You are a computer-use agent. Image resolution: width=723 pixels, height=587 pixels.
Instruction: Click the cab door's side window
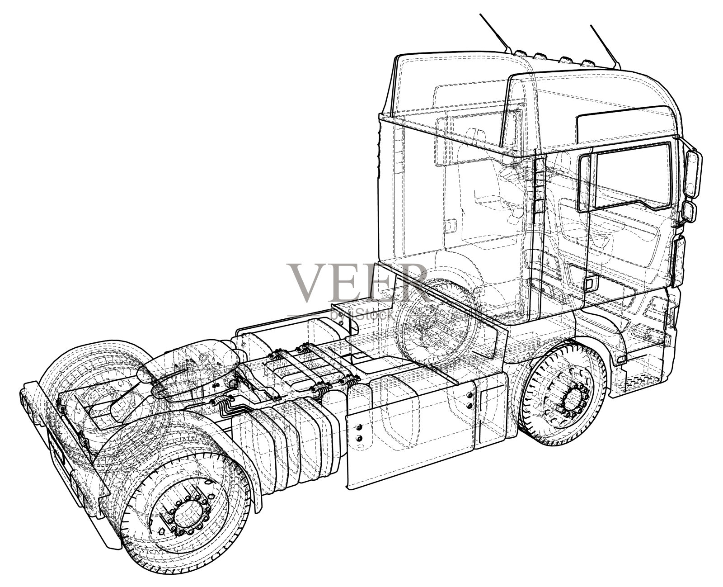pos(628,177)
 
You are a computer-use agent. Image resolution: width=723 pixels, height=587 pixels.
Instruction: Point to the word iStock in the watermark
pos(376,315)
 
